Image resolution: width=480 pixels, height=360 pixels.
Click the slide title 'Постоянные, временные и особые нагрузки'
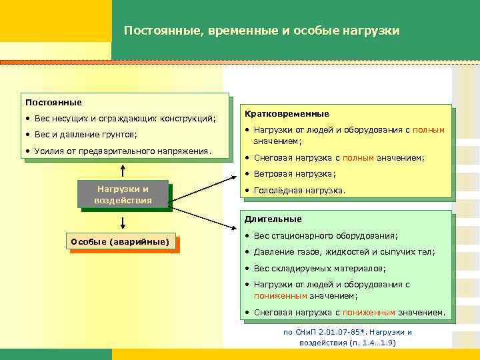pyautogui.click(x=261, y=31)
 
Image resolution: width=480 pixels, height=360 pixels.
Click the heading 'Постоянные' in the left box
pyautogui.click(x=53, y=102)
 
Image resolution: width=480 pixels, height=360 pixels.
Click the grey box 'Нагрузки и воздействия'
pyautogui.click(x=123, y=195)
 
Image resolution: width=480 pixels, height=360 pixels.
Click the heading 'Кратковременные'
pyautogui.click(x=287, y=114)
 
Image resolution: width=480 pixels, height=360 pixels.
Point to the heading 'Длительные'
pyautogui.click(x=273, y=219)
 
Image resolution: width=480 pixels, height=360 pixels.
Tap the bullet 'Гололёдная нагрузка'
pyautogui.click(x=299, y=190)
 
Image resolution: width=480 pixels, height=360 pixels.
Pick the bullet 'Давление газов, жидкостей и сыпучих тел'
pyautogui.click(x=344, y=252)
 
